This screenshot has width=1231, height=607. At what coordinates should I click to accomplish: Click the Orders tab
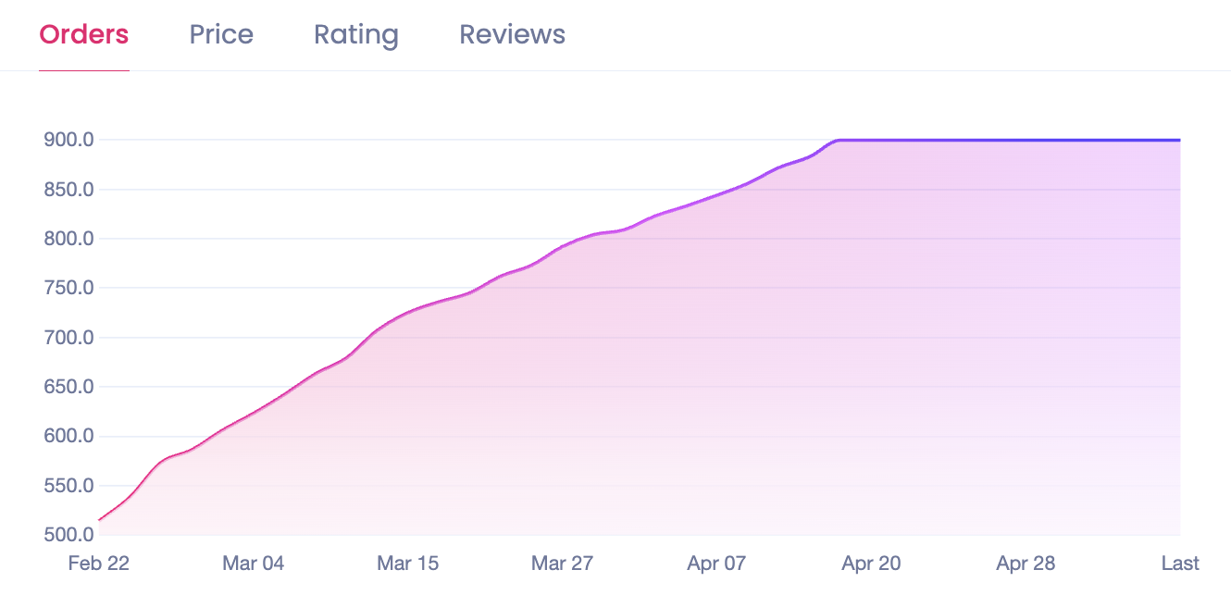pyautogui.click(x=83, y=35)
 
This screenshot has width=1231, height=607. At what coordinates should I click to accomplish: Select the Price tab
pyautogui.click(x=221, y=35)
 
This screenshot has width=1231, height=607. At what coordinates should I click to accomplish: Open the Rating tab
pyautogui.click(x=356, y=35)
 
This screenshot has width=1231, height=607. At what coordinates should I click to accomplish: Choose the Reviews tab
pyautogui.click(x=512, y=35)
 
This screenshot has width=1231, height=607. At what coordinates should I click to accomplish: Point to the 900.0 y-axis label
pyautogui.click(x=68, y=141)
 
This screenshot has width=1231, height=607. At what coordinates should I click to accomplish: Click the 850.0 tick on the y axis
pyautogui.click(x=68, y=190)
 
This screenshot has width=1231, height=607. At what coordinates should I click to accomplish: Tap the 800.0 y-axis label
pyautogui.click(x=68, y=239)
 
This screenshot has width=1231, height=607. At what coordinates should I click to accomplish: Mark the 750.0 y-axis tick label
pyautogui.click(x=68, y=288)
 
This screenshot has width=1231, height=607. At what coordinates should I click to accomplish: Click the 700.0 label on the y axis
pyautogui.click(x=68, y=338)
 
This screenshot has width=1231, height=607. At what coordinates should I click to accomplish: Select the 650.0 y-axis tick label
pyautogui.click(x=68, y=387)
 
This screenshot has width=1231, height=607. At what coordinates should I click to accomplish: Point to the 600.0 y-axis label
pyautogui.click(x=68, y=436)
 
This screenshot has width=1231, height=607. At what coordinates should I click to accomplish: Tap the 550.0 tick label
pyautogui.click(x=68, y=486)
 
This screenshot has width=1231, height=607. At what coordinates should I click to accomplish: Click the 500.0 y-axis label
pyautogui.click(x=68, y=535)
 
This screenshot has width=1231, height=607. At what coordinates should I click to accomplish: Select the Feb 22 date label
pyautogui.click(x=99, y=564)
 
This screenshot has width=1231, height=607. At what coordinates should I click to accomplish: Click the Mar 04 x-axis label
pyautogui.click(x=254, y=564)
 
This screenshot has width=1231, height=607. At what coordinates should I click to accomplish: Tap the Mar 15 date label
pyautogui.click(x=408, y=564)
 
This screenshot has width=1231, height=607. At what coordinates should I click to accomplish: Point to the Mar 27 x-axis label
pyautogui.click(x=563, y=564)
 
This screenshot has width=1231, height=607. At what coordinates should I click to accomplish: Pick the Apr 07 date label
pyautogui.click(x=716, y=564)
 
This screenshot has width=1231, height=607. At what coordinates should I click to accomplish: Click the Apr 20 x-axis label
pyautogui.click(x=871, y=564)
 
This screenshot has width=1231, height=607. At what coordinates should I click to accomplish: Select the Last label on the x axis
pyautogui.click(x=1180, y=564)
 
